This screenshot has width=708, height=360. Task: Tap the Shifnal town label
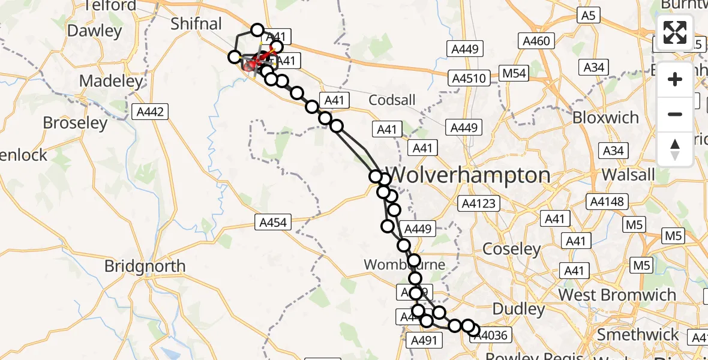pos(196,24)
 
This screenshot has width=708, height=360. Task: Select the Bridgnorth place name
pos(145,266)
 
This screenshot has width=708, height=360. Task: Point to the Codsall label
pos(392,100)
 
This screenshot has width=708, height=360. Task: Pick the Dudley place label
pos(518,309)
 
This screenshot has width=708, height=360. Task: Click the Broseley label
pos(75,123)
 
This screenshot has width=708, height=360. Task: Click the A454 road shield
pos(274,223)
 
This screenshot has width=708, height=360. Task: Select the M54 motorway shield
pos(514,73)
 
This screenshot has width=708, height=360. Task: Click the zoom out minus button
pos(675,114)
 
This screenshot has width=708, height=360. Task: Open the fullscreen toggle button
pos(675,32)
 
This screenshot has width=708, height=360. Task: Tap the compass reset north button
pos(675,148)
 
